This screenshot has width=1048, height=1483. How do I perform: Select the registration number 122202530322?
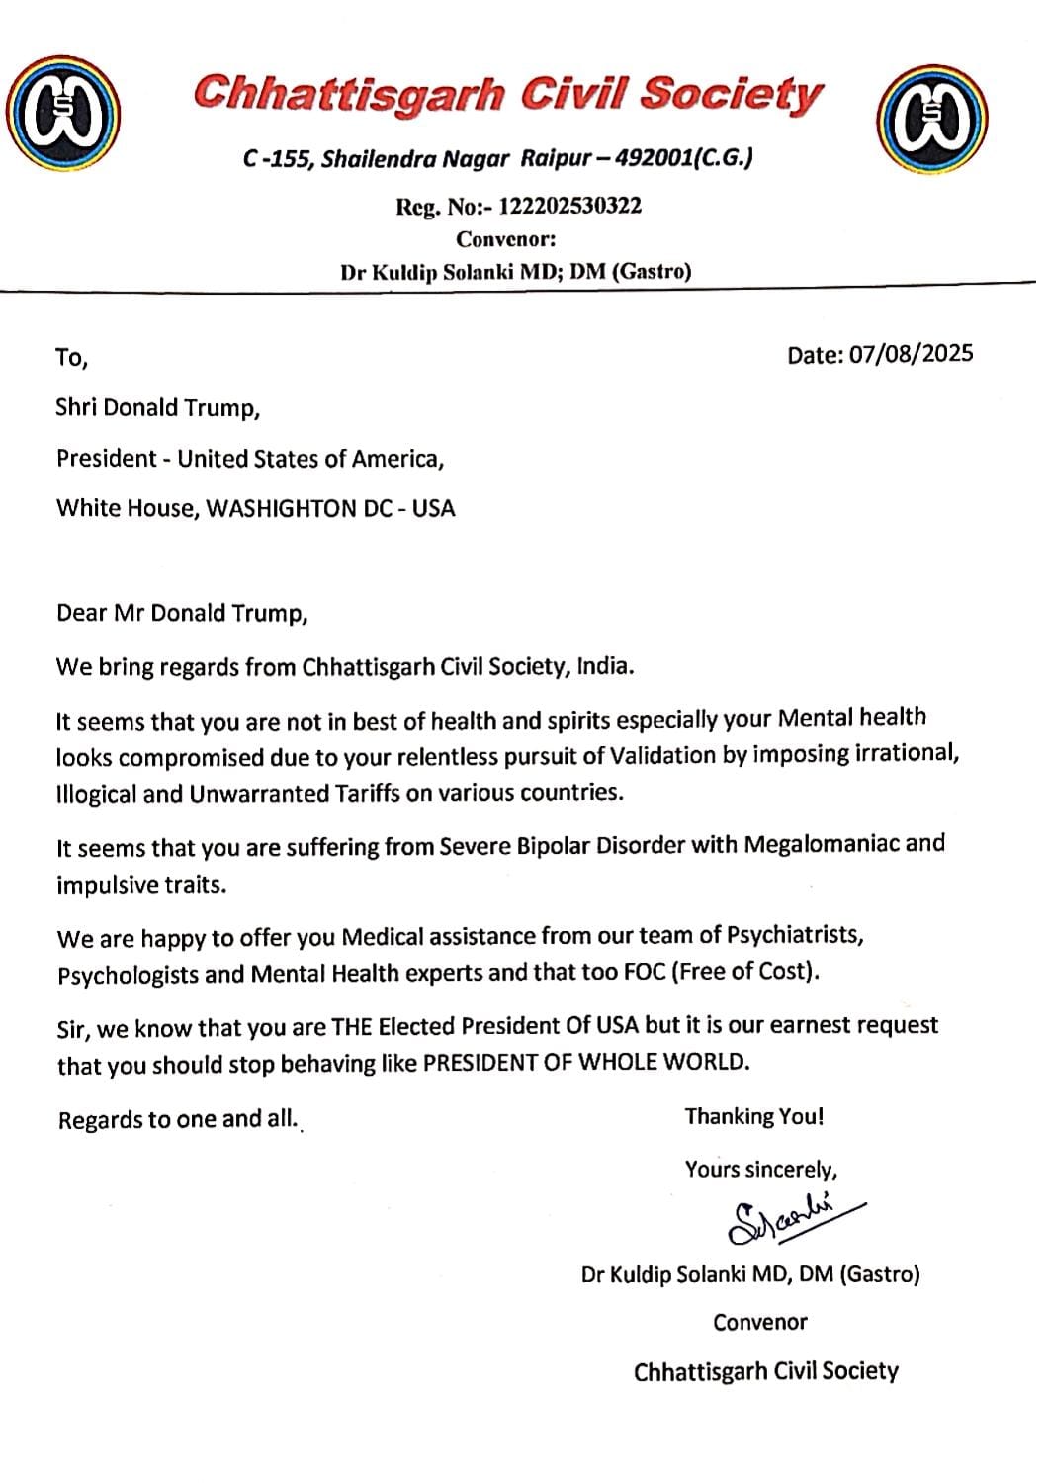click(x=570, y=206)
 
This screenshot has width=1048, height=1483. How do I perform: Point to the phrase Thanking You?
click(x=754, y=1116)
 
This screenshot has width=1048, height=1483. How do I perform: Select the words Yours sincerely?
click(x=761, y=1170)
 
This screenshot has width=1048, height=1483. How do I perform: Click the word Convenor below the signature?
click(x=760, y=1322)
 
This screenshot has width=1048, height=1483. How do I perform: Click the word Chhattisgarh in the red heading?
click(x=349, y=95)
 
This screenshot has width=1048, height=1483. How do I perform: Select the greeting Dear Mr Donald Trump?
click(x=182, y=613)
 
